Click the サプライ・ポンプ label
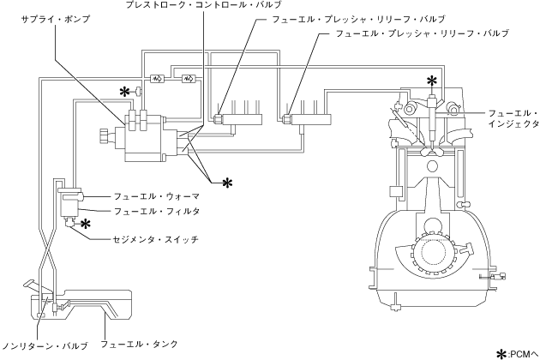tap(55, 20)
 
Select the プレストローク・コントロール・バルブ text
tap(203, 5)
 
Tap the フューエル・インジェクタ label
tap(513, 118)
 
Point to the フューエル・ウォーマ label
tap(157, 196)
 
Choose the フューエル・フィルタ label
tap(157, 211)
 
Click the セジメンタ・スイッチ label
tap(156, 239)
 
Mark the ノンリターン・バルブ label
tap(45, 345)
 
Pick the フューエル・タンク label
tap(139, 344)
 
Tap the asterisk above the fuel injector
tap(431, 81)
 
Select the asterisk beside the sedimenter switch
tap(86, 224)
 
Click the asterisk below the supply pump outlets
tap(227, 183)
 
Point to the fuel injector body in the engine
tap(432, 119)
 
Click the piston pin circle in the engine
tap(432, 166)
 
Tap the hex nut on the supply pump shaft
tap(104, 136)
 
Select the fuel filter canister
tap(70, 205)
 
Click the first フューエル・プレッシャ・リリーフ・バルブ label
tap(358, 20)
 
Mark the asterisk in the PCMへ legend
tap(503, 354)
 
